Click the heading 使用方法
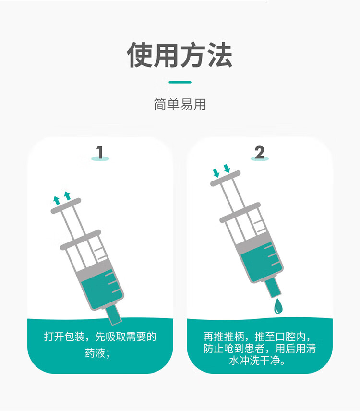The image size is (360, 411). (180, 55)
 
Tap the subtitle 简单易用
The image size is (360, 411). (180, 105)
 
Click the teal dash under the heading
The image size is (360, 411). (180, 82)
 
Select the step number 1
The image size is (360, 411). (100, 153)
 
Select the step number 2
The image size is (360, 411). (259, 153)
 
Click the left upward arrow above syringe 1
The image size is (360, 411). (57, 200)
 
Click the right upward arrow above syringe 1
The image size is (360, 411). (67, 195)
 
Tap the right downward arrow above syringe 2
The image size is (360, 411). (227, 168)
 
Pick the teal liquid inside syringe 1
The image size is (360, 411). (101, 288)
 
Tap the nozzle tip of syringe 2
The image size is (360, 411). (273, 289)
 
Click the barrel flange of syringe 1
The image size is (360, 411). (80, 240)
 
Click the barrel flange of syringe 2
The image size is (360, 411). (240, 212)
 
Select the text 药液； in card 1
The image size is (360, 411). (98, 353)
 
